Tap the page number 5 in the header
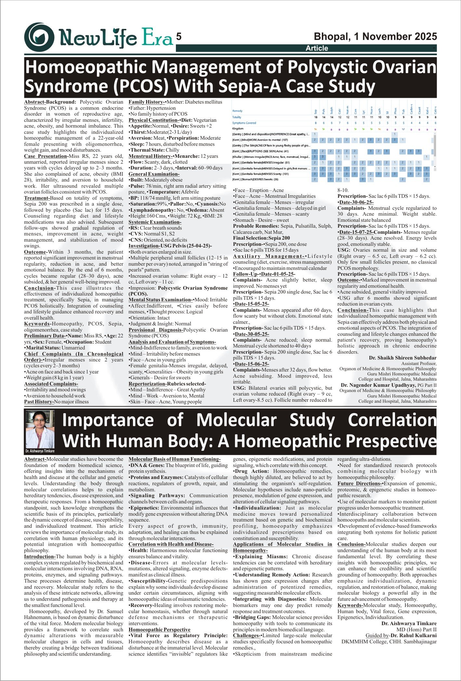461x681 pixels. click(x=178, y=37)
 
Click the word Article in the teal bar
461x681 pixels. click(x=317, y=48)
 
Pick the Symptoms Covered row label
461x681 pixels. click(x=244, y=123)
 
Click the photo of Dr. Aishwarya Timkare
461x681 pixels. click(x=40, y=429)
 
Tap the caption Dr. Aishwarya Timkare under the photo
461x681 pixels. click(x=40, y=451)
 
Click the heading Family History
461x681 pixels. click(x=147, y=102)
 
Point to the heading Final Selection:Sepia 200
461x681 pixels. click(x=261, y=238)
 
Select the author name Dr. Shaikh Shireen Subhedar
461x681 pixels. click(x=402, y=358)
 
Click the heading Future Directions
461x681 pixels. click(x=360, y=484)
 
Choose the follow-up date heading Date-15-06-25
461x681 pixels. click(x=251, y=364)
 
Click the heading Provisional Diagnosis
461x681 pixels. click(x=156, y=330)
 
